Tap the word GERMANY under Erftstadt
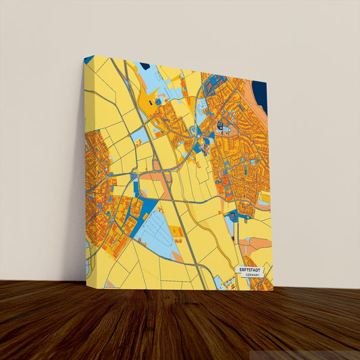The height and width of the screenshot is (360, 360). (x=253, y=276)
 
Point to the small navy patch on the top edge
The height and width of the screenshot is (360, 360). (x=144, y=66)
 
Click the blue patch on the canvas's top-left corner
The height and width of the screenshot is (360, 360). (x=88, y=60)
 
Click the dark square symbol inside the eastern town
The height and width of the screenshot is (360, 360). (x=220, y=125)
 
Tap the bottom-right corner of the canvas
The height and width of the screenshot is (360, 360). (x=273, y=291)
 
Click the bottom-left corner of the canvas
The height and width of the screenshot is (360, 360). (x=86, y=278)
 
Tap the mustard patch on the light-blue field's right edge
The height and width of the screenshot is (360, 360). (x=176, y=232)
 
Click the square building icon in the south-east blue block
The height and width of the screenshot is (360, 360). (x=234, y=216)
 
